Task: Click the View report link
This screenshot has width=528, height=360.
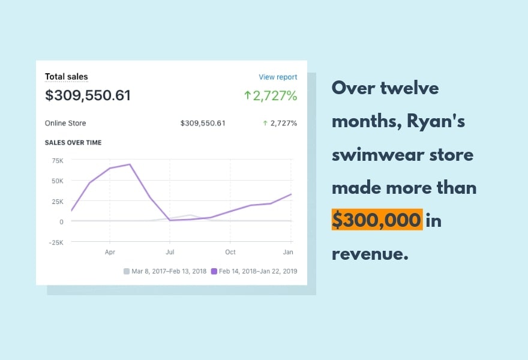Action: [278, 77]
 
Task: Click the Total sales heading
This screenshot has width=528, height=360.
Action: [67, 77]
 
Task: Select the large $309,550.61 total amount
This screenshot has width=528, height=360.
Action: [88, 95]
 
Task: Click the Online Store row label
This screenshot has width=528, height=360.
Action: [65, 124]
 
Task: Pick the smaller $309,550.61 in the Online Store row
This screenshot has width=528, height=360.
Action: [203, 124]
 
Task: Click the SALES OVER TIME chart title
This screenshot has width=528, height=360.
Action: [73, 143]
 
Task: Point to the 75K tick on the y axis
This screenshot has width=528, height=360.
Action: [58, 161]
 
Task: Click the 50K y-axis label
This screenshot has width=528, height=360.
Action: [58, 181]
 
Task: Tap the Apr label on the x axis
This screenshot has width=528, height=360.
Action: [109, 253]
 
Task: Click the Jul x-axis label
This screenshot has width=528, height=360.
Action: [170, 253]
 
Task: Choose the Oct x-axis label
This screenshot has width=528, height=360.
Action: [230, 253]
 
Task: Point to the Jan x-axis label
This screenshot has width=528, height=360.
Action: [289, 253]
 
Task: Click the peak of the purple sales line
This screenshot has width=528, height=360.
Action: [130, 164]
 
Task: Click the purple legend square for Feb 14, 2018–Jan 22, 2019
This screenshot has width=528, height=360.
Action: [213, 271]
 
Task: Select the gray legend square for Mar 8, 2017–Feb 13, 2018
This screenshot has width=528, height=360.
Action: [126, 271]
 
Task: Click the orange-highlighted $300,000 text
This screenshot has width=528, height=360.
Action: [377, 221]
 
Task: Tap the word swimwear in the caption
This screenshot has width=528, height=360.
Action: [383, 155]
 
